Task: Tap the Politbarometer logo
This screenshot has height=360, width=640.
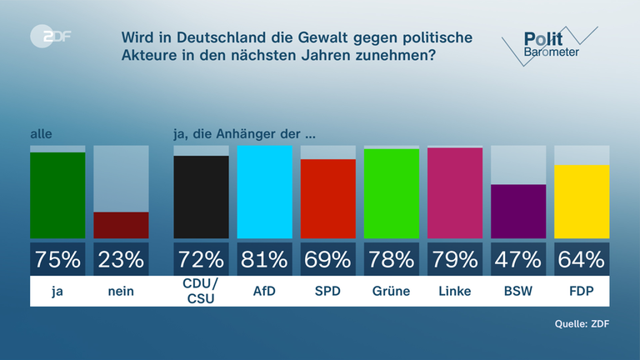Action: (x=548, y=43)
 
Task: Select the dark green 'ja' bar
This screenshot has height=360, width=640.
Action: (x=57, y=195)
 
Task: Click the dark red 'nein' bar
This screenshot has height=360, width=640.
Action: (x=121, y=225)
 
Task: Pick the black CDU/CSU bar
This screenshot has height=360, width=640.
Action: (x=201, y=197)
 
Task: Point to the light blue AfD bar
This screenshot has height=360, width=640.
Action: (x=265, y=192)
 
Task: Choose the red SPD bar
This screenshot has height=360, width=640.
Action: (x=328, y=198)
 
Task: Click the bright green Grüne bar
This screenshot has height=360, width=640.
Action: (x=392, y=193)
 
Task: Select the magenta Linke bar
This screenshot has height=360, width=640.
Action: (x=455, y=192)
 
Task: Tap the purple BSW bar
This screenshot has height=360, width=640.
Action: (x=518, y=211)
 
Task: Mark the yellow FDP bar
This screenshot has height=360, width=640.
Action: (x=582, y=201)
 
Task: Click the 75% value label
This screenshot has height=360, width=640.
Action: (x=57, y=259)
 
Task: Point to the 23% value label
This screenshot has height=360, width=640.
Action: (x=121, y=259)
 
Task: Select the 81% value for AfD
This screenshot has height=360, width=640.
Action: (x=265, y=259)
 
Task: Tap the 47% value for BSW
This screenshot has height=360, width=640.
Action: (x=518, y=259)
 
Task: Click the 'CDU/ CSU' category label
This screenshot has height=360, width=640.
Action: (x=201, y=292)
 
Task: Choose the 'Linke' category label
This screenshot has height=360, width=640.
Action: (x=455, y=291)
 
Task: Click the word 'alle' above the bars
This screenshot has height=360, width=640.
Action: (x=41, y=133)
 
